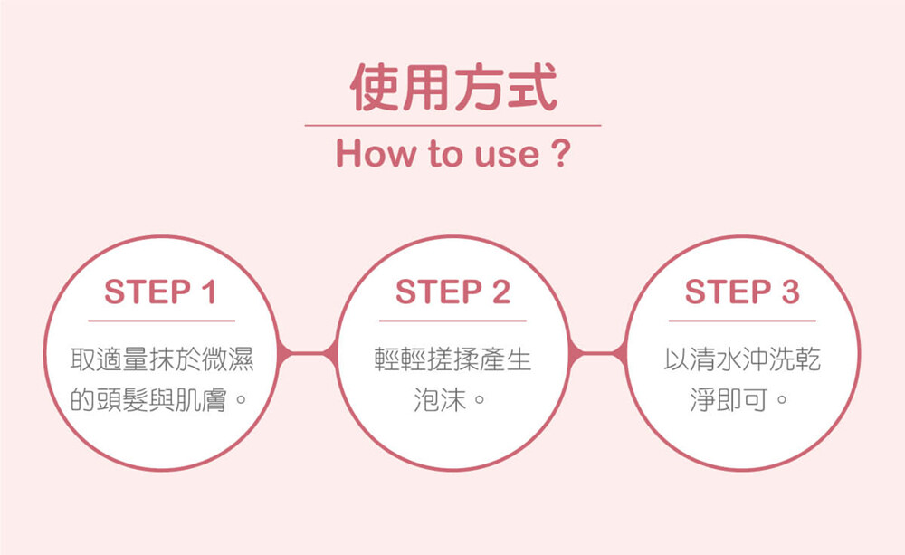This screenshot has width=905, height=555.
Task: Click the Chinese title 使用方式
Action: [453, 87]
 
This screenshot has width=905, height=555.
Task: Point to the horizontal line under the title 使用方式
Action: [453, 125]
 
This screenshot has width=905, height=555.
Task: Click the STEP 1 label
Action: [160, 292]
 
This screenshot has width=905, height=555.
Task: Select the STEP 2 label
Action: [453, 292]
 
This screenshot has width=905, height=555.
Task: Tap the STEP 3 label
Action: [742, 292]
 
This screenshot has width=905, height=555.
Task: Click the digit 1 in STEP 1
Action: [209, 292]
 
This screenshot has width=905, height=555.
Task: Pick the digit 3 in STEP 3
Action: [790, 292]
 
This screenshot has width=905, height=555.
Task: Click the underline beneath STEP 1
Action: [162, 321]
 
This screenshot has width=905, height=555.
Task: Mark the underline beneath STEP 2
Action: [453, 321]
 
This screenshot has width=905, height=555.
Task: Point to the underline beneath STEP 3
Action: [743, 321]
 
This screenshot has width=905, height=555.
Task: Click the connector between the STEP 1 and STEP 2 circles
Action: [308, 353]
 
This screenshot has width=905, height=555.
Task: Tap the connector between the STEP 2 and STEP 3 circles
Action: [597, 353]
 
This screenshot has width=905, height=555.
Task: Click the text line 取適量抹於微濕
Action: [162, 359]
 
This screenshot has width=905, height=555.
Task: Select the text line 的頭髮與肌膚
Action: [148, 399]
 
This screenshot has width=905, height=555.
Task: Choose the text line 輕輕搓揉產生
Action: [453, 359]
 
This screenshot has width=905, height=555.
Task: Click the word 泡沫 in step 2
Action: [440, 399]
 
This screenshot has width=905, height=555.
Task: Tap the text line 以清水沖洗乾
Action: [743, 359]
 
